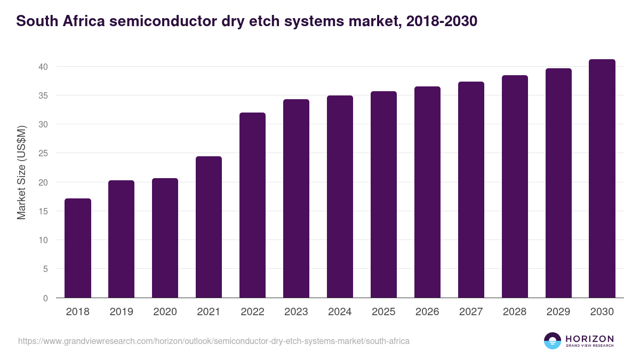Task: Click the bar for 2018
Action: pos(78,248)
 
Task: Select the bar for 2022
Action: pos(252,205)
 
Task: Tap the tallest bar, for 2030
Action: pos(602,179)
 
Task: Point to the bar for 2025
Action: pos(383,195)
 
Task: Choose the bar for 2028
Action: pos(515,187)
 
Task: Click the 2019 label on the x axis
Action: pos(122,312)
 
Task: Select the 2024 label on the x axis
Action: pos(340,312)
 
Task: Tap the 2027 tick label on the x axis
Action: pos(471,312)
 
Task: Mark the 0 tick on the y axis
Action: pos(45,298)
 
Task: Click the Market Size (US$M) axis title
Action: pos(21,172)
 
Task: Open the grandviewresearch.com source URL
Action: pos(214,341)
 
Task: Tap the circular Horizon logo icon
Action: pos(552,341)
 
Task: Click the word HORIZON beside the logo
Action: pos(589,338)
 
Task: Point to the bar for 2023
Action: pos(296,198)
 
